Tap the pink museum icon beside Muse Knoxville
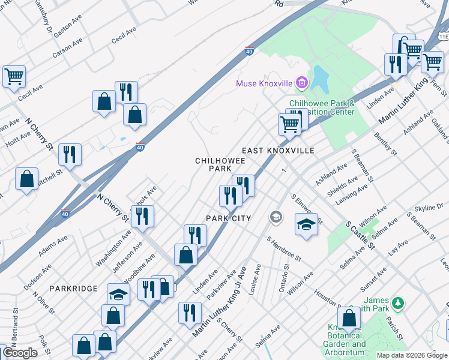pos(302,82)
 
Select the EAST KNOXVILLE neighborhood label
pos(278,151)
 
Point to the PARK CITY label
pos(228,218)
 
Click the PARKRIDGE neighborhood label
pos(74,289)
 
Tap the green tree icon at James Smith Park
pos(397,301)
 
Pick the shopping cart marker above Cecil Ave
pos(13,76)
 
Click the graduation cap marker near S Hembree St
pos(307,225)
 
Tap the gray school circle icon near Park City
pos(276,217)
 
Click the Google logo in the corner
pos(20,353)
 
